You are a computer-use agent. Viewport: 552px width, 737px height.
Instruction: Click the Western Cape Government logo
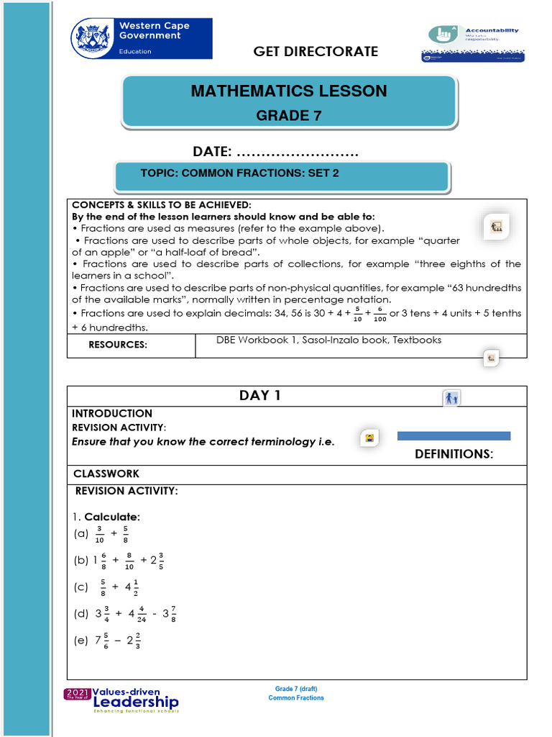pos(141,39)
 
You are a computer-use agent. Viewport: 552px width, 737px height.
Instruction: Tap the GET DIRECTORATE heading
pos(315,51)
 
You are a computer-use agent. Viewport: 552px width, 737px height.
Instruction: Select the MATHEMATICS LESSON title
pos(289,91)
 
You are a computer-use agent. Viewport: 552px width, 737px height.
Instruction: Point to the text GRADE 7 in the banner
pos(289,115)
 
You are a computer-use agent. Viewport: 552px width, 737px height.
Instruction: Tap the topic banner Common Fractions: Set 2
pos(239,173)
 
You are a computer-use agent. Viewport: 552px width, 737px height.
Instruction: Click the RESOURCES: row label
pos(118,345)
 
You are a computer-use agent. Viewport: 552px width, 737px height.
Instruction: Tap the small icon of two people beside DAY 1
pos(451,398)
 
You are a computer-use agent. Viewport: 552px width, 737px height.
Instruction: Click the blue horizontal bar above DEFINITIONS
pos(454,435)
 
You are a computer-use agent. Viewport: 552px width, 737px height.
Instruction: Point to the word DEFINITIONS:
pos(454,454)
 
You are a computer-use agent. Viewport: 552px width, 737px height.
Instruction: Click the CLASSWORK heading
pos(106,474)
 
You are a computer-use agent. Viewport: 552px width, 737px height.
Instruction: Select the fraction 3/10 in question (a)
pos(99,534)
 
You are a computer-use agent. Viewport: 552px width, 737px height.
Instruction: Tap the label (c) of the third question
pos(80,587)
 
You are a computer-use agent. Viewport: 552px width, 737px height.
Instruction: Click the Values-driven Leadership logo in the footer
pos(122,700)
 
